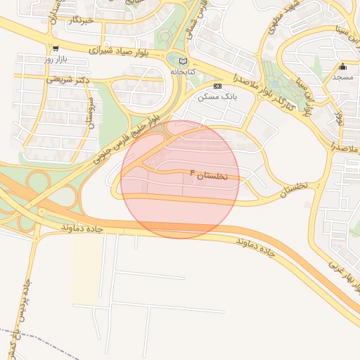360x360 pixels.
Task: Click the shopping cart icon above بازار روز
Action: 55,49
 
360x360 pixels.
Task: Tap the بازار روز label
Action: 55,59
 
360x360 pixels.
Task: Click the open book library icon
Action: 183,61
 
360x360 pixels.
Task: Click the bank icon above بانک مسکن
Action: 217,85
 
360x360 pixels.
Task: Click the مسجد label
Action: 342,77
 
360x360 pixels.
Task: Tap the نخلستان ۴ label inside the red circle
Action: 209,174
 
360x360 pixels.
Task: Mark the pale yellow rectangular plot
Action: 85,271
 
